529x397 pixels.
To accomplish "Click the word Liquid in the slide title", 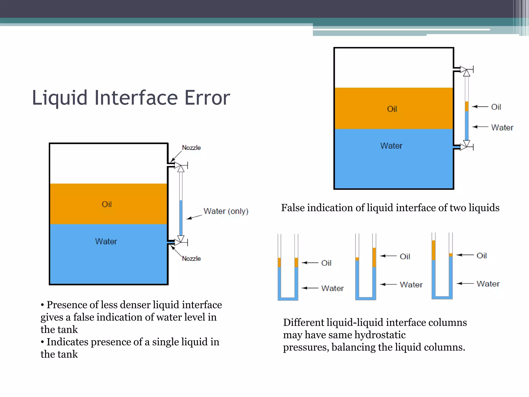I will [60, 98].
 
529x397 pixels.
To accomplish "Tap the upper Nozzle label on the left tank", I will [191, 148].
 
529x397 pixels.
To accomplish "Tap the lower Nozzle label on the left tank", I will [191, 258].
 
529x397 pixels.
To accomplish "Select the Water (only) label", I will [226, 211].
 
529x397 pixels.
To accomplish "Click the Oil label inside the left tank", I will [107, 204].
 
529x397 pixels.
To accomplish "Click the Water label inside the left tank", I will [106, 241].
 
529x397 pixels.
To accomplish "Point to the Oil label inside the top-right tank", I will [392, 109].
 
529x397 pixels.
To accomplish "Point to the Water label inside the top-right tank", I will [391, 146].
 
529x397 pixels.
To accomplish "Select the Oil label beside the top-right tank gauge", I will [496, 107].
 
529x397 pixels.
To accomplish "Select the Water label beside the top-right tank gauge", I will [502, 127].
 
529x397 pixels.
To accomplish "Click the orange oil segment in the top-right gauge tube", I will [467, 106].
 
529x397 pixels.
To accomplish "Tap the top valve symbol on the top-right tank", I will [466, 70].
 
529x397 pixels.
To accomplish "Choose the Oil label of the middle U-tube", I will [405, 256].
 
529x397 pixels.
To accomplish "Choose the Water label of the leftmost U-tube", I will [332, 288].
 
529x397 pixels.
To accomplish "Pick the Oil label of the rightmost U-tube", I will [481, 256].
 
